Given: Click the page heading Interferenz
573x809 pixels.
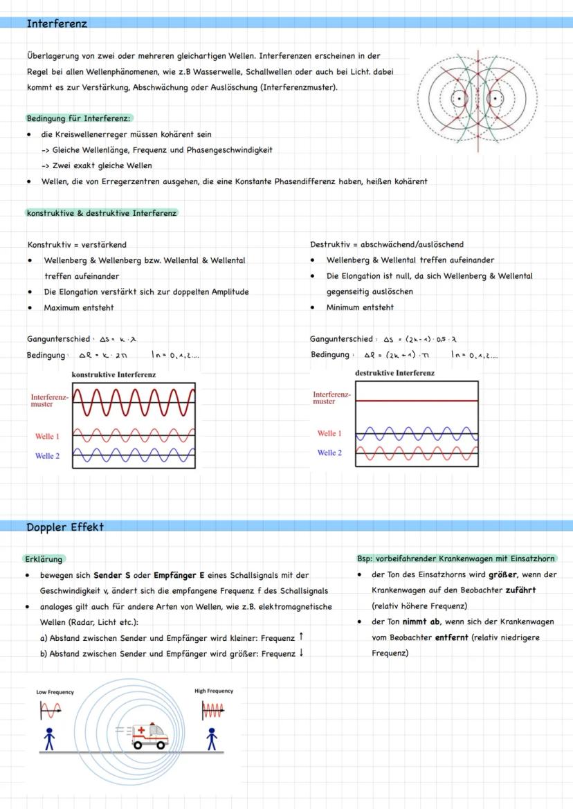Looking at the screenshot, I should [57, 24].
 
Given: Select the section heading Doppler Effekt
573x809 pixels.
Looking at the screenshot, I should [65, 527].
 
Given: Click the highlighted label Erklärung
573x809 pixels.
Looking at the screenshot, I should [44, 558].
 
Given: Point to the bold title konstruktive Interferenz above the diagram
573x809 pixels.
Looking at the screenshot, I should [113, 374].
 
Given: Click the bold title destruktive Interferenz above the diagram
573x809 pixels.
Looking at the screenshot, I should [394, 373].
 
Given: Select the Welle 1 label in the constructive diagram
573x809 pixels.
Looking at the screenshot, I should [47, 437].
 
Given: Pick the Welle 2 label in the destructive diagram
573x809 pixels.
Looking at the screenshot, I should [329, 453].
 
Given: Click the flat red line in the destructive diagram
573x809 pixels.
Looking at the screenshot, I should [417, 401].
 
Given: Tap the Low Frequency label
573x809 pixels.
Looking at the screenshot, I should [55, 691].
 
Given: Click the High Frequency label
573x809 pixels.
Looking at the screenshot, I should [214, 691].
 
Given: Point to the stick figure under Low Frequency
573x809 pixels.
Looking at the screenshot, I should [48, 739].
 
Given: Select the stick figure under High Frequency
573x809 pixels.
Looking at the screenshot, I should [212, 739].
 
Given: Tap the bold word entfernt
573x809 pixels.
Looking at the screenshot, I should [454, 637].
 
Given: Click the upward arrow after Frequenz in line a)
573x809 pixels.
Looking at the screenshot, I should [302, 637].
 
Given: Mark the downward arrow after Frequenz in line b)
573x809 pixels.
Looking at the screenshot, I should [302, 653].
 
